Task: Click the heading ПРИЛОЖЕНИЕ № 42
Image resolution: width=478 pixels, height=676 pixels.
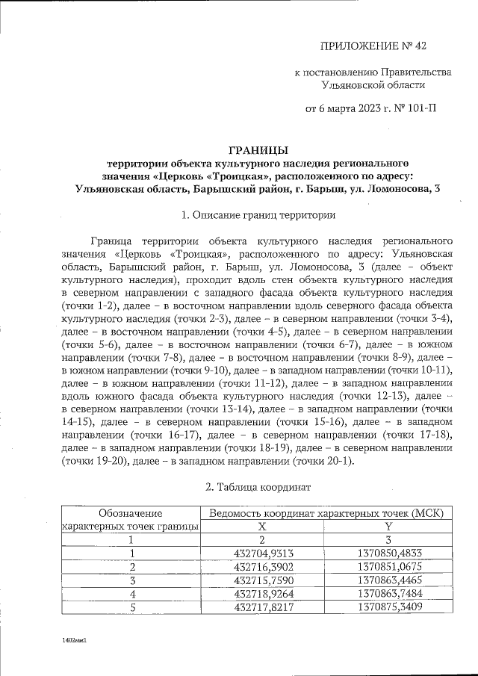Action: tap(373, 46)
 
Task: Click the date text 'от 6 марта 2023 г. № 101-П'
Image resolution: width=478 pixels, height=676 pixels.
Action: tap(372, 108)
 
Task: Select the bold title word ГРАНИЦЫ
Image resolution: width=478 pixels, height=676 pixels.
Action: tap(257, 149)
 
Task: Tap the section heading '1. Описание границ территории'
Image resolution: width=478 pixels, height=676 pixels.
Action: tap(258, 215)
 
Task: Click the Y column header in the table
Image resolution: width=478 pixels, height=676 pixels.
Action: tap(388, 526)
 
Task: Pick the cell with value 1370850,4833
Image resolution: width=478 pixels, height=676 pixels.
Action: tap(388, 553)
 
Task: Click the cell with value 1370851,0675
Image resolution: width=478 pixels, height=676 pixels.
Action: tap(388, 566)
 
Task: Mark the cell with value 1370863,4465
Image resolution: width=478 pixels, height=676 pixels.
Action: tap(388, 580)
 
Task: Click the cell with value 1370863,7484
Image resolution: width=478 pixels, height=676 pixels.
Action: tap(388, 593)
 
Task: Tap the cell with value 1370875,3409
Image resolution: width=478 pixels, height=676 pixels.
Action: tap(388, 607)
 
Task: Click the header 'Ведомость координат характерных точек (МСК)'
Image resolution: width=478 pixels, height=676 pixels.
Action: tap(326, 513)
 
